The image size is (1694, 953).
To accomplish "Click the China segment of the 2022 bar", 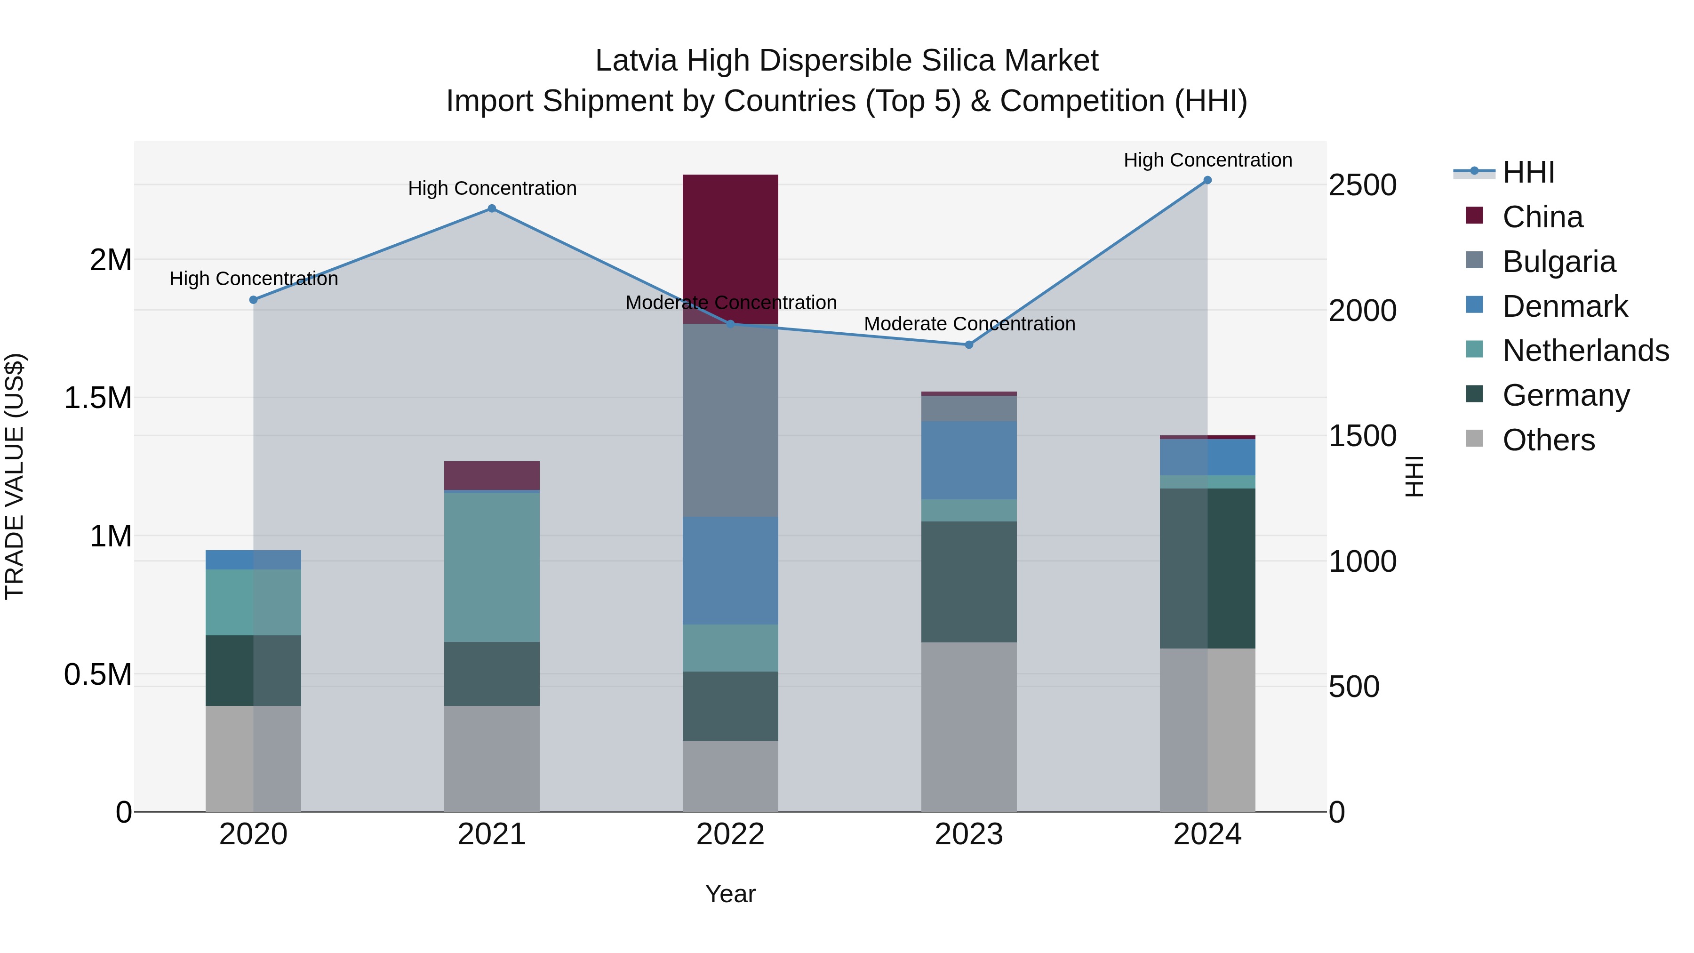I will coord(730,243).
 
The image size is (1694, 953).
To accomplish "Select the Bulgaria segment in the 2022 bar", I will coord(730,421).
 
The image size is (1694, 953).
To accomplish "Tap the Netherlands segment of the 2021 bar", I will coord(492,567).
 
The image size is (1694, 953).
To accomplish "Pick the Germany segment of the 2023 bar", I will coord(969,582).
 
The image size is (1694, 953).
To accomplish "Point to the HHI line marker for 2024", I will coord(1207,180).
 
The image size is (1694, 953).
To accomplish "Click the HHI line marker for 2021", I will coord(492,208).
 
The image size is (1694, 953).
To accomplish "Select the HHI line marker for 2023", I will coord(969,344).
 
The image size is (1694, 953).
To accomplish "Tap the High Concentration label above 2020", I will coord(254,279).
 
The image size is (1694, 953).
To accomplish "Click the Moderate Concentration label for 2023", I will coord(969,324).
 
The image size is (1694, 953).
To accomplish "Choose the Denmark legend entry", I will coord(1565,306).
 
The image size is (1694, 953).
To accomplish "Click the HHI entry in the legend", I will coord(1528,172).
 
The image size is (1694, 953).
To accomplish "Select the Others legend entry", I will coord(1548,440).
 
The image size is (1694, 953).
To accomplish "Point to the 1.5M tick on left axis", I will coord(97,398).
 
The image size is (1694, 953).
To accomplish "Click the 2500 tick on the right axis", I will coord(1363,185).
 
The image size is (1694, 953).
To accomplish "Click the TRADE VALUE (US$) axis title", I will coord(15,476).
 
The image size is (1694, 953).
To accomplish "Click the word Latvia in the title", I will coord(636,61).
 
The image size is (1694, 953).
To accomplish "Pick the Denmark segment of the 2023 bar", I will coord(969,460).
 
